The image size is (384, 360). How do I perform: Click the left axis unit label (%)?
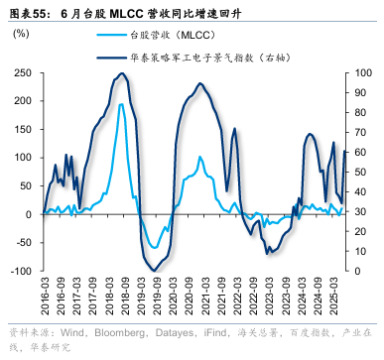(x=20, y=35)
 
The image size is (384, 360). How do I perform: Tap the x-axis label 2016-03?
(x=46, y=296)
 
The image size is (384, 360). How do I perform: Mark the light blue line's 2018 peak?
(x=121, y=104)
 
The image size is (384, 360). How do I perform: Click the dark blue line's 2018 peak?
(x=120, y=74)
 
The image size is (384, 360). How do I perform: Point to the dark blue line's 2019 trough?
(x=153, y=270)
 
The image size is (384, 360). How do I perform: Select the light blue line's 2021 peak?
(x=199, y=156)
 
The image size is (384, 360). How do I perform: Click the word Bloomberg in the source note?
(x=107, y=332)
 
